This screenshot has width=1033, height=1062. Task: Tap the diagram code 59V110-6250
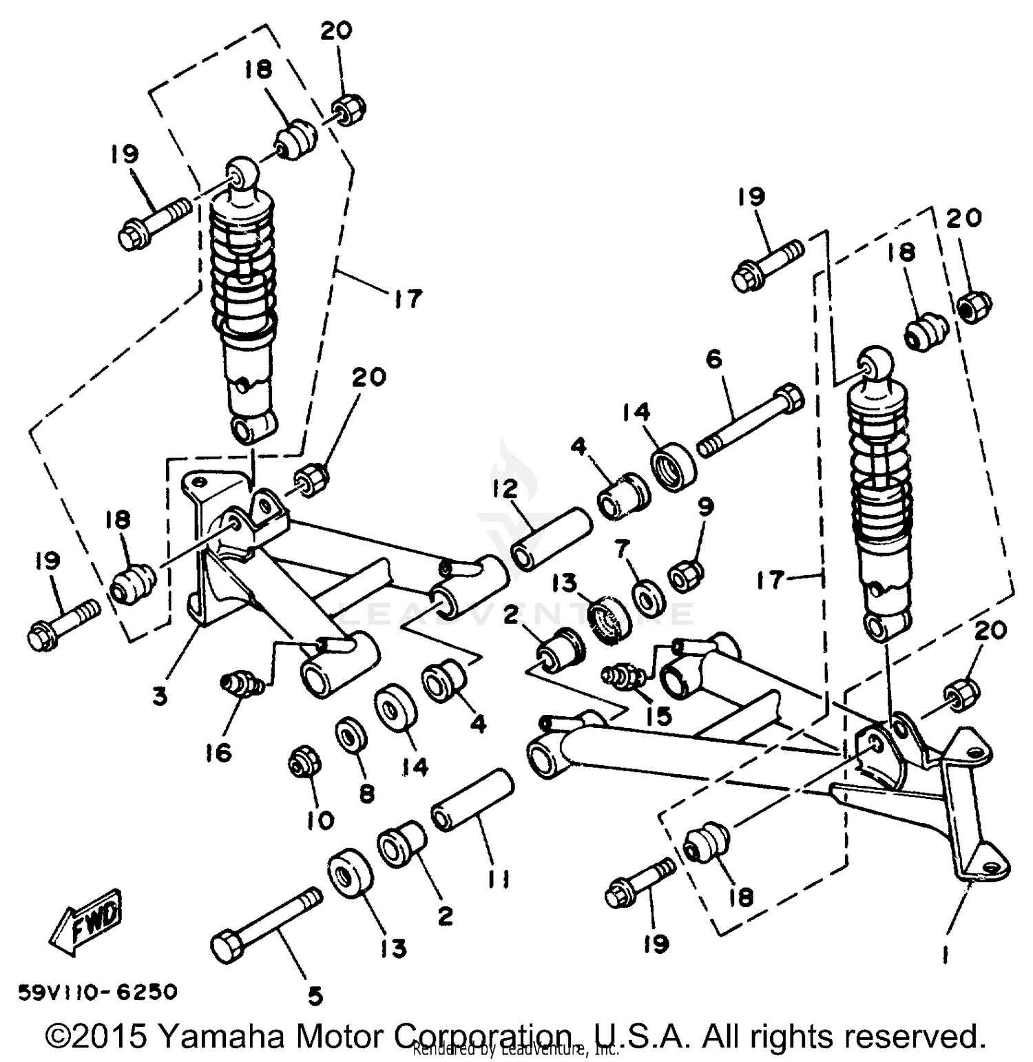pyautogui.click(x=98, y=992)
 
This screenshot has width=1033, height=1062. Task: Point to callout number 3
pyautogui.click(x=160, y=696)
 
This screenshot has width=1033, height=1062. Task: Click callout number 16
pyautogui.click(x=218, y=753)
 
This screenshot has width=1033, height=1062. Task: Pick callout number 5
pyautogui.click(x=314, y=995)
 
